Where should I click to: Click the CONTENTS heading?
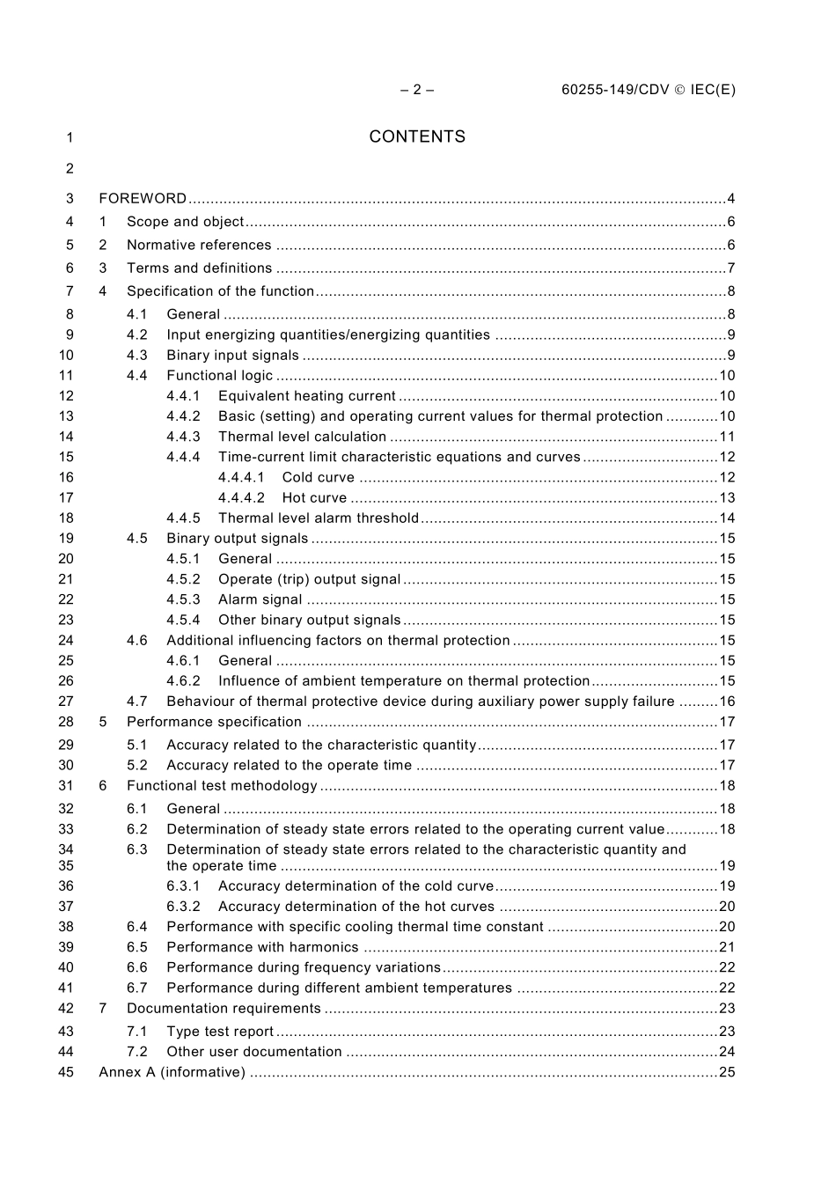click(417, 136)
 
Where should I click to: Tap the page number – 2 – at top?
click(417, 89)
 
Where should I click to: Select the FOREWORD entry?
click(143, 199)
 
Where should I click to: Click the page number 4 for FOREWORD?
click(730, 199)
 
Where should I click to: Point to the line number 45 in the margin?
click(66, 1072)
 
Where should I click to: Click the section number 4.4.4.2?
click(241, 498)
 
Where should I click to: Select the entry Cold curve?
click(318, 478)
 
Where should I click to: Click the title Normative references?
click(199, 246)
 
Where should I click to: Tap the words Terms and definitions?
click(199, 268)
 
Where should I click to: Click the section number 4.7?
click(136, 702)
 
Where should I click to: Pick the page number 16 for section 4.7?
click(727, 702)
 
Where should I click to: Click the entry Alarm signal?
click(260, 600)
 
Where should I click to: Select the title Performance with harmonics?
click(262, 948)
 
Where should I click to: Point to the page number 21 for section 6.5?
click(727, 948)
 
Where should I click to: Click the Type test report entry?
click(220, 1032)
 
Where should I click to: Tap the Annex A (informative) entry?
click(172, 1072)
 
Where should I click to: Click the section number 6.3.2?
click(183, 907)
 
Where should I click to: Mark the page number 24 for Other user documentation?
click(727, 1052)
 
